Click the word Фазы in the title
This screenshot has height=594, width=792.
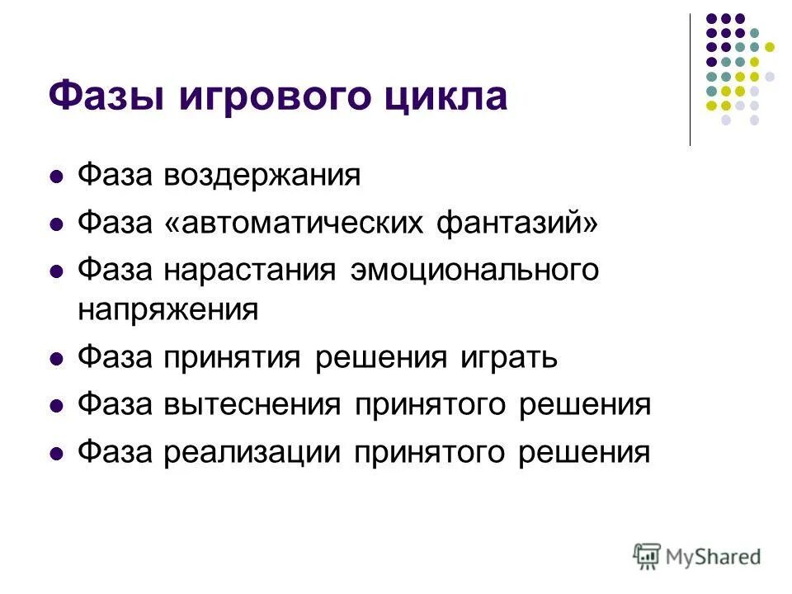[97, 96]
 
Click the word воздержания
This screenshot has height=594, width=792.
[262, 176]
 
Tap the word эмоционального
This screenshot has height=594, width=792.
[474, 270]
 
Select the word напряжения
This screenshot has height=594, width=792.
[168, 310]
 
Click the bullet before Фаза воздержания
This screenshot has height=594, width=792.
[57, 177]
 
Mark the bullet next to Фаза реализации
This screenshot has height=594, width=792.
[57, 453]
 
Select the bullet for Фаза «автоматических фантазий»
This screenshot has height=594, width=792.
[57, 224]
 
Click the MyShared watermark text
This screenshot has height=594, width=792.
[714, 556]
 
